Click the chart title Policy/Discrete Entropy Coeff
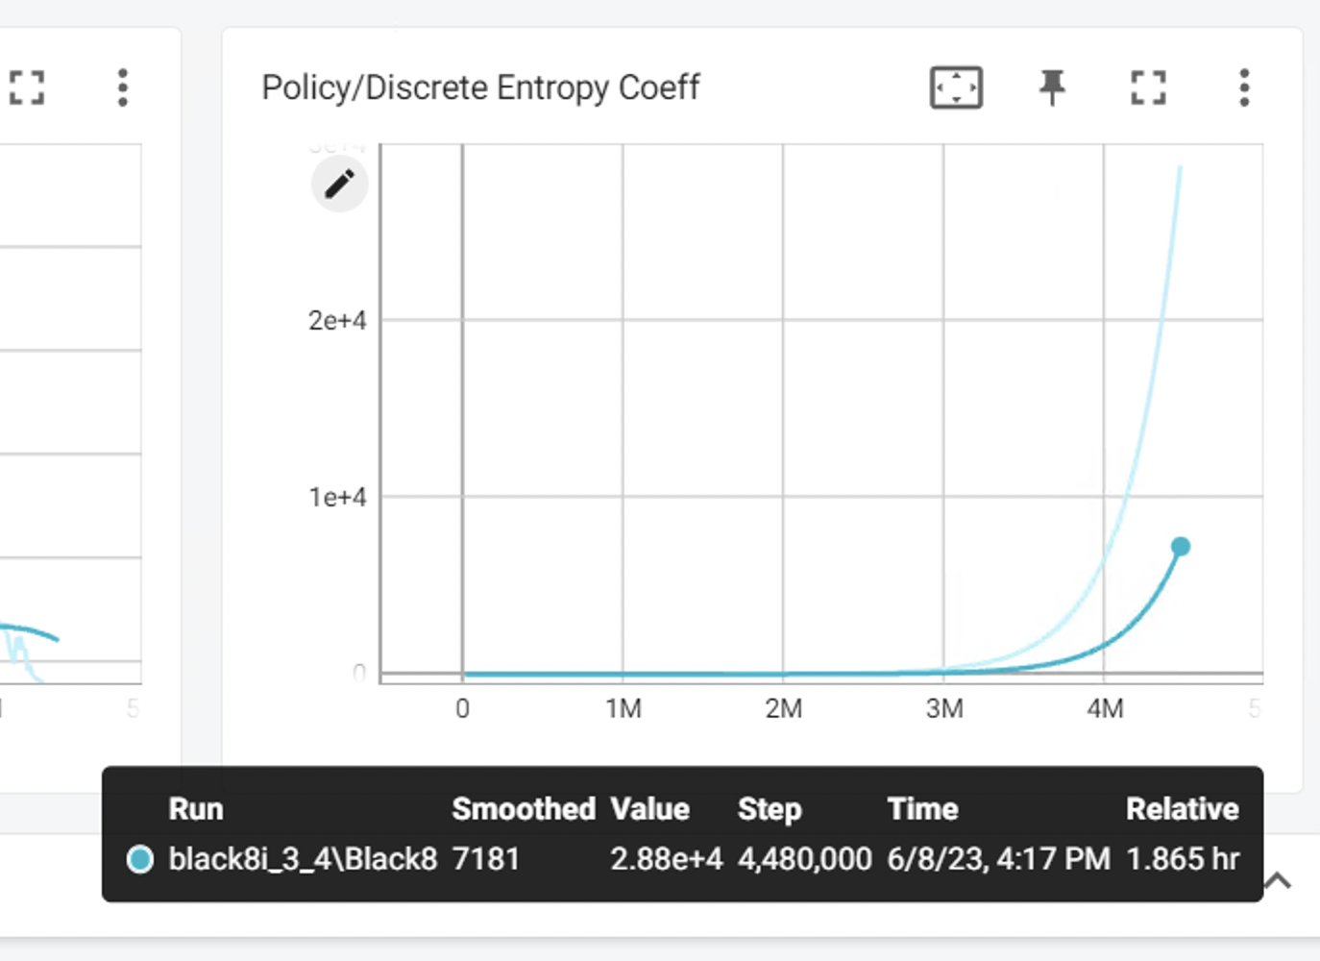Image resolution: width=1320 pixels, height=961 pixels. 480,87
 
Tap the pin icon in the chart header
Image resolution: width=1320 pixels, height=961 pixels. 1052,87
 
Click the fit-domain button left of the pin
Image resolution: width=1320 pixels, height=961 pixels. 956,87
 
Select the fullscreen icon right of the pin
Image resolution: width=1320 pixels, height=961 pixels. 1148,87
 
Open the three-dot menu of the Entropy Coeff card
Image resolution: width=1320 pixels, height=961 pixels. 1244,87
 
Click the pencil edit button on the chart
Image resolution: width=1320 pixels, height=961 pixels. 339,184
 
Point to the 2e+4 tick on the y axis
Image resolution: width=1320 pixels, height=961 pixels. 337,320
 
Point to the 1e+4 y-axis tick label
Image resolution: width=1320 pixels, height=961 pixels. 337,497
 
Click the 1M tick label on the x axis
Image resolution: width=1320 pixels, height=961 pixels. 623,709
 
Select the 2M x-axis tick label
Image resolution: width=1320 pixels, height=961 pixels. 784,709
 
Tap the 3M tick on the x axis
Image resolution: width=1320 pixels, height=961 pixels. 944,709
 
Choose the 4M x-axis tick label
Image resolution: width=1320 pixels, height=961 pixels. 1105,709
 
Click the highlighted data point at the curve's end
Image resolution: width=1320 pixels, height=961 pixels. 1181,547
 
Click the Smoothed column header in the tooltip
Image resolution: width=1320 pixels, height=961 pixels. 524,809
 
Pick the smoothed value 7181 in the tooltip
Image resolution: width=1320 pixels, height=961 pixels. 486,858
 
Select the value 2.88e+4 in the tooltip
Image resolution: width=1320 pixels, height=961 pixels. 666,858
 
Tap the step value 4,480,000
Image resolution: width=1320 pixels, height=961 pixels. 805,858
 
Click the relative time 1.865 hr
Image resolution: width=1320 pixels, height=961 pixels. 1183,858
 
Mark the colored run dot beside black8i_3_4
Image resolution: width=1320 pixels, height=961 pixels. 140,858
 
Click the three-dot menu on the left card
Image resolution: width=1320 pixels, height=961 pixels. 122,87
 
